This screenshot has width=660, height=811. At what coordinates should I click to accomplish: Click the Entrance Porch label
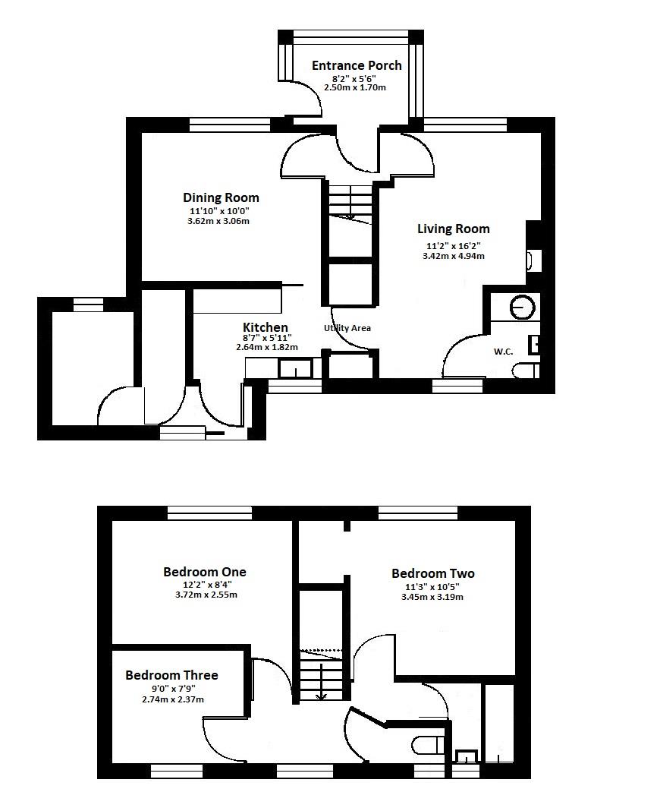tap(357, 66)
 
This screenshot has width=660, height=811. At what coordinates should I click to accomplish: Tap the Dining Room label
tap(221, 197)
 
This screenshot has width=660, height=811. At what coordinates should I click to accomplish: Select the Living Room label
tap(453, 229)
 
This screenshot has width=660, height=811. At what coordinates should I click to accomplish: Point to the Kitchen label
tap(265, 327)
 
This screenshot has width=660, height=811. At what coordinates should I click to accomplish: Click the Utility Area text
tap(347, 328)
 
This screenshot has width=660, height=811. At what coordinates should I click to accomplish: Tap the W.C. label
tap(504, 352)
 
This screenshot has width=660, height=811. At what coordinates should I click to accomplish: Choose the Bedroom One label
tap(205, 572)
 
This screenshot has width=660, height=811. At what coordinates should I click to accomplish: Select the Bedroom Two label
tap(433, 573)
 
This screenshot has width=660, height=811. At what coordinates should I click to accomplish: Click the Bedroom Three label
tap(171, 675)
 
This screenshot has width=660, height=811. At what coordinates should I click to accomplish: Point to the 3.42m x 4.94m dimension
tap(453, 256)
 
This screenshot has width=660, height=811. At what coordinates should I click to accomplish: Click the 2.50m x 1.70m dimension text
tap(354, 87)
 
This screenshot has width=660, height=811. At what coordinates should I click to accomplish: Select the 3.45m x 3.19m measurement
tap(432, 597)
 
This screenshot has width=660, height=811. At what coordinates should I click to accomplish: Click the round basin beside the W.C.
tap(523, 308)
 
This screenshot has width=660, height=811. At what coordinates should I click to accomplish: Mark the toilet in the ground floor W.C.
tap(526, 371)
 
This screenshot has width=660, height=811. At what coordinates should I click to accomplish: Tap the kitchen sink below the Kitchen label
tap(295, 369)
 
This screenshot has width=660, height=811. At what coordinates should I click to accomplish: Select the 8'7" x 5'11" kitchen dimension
tap(267, 338)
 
